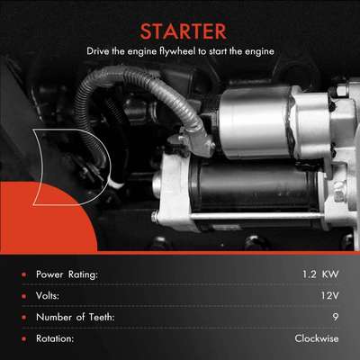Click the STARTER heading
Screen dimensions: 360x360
point(180,28)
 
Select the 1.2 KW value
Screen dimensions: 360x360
point(312,274)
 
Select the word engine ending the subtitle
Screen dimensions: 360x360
point(257,51)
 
